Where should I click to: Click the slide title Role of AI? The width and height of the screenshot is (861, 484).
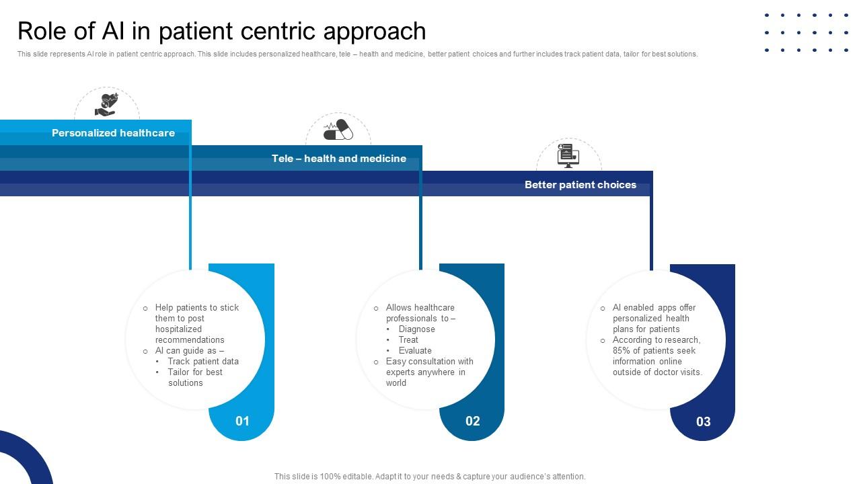221,31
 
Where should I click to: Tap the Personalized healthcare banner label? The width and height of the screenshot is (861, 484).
113,133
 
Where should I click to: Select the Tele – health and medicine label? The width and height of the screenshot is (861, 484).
338,159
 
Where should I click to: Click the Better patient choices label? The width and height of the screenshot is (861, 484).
580,185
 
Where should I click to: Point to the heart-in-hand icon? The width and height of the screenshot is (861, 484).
106,105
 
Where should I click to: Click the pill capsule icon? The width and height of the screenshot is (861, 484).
338,130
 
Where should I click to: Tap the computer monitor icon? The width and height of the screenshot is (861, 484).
568,155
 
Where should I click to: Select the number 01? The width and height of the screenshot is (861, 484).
242,421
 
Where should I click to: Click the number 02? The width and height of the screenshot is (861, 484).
473,421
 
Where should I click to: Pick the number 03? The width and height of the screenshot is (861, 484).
703,421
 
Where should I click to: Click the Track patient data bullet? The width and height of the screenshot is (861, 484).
203,361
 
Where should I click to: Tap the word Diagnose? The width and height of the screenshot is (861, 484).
416,329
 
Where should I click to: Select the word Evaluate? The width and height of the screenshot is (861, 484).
415,350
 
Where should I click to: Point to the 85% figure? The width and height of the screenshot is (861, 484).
622,350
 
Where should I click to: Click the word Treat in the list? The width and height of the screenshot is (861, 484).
408,339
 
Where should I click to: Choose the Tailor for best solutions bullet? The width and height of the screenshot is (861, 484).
195,377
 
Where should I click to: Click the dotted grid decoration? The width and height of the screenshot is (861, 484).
807,32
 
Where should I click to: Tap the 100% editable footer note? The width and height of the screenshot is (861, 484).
430,476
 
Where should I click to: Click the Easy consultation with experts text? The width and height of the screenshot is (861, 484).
429,372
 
